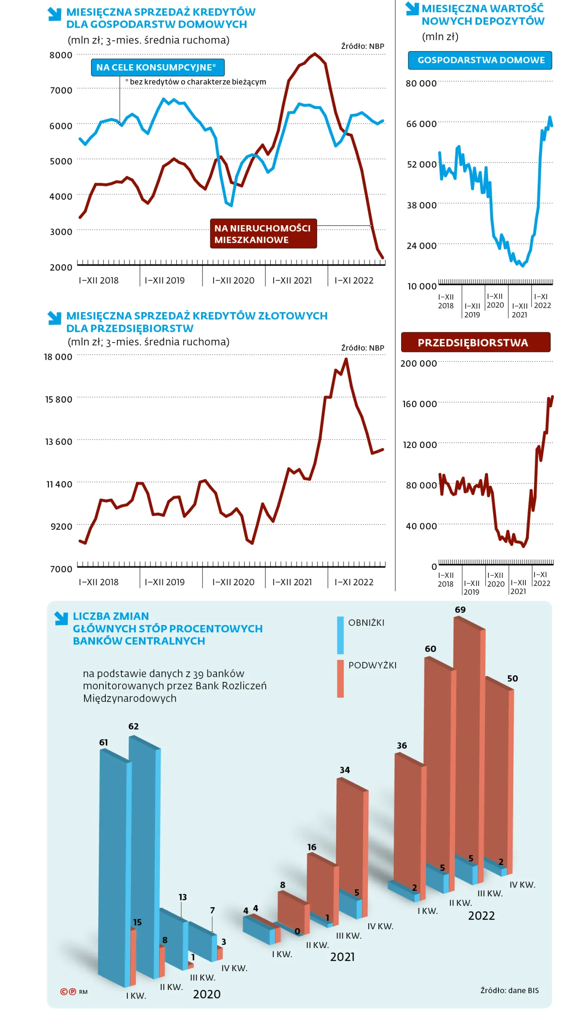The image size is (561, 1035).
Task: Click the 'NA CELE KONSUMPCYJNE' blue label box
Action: pos(157,67)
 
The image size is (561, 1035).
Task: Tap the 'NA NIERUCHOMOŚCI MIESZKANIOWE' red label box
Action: pos(263,234)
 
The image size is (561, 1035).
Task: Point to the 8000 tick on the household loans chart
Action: pos(61,55)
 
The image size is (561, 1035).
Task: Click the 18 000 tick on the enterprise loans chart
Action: pos(58,357)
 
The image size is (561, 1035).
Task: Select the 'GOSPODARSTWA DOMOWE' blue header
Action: pos(480,60)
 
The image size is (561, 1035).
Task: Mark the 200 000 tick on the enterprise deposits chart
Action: pos(418,363)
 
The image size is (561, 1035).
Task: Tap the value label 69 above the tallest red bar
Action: pos(460,609)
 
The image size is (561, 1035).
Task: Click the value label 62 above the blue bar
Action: pos(133,726)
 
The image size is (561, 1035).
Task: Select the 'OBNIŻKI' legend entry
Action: pos(366,623)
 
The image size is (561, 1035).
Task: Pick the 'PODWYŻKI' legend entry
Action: pos(372,665)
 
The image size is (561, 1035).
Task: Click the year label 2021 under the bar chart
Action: pos(342,957)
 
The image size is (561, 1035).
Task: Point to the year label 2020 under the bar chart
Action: pos(206,994)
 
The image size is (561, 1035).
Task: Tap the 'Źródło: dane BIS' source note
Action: pos(509,991)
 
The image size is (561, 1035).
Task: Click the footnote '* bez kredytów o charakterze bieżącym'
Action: pos(196,82)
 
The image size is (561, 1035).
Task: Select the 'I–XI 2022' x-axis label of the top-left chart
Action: pos(354,280)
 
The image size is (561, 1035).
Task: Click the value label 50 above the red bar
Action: pos(513,679)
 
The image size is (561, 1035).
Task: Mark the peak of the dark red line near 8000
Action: pos(315,53)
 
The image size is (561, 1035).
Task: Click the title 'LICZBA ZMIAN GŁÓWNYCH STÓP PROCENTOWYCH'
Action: pos(167,628)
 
